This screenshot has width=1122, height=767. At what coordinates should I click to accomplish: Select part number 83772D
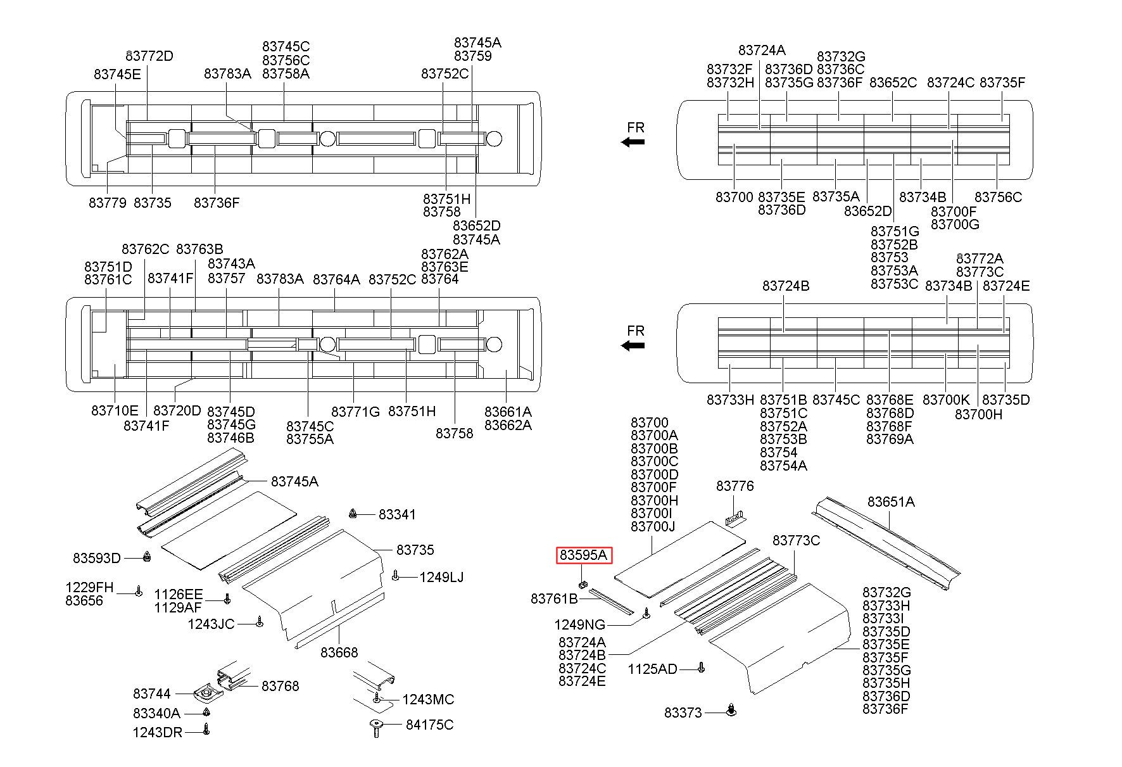[149, 56]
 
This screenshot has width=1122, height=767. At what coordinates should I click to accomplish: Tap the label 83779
[108, 203]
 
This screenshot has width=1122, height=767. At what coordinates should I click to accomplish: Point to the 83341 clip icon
[354, 513]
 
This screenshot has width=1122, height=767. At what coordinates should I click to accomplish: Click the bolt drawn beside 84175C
[376, 728]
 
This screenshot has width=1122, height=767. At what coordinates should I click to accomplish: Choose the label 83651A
[891, 502]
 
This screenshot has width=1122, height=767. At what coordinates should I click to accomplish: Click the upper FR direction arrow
[633, 142]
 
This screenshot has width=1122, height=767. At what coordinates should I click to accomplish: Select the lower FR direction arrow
[633, 345]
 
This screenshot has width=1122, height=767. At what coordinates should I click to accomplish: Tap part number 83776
[735, 486]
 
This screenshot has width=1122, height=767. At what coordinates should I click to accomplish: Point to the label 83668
[339, 652]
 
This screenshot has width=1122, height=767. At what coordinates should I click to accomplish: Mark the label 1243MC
[429, 699]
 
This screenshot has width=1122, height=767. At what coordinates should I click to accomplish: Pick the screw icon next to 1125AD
[701, 668]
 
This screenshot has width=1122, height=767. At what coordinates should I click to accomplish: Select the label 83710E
[115, 411]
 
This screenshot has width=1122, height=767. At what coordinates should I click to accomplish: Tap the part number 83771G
[356, 412]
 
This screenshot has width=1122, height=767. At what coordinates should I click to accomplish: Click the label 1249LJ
[441, 577]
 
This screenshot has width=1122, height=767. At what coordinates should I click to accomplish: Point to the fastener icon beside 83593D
[148, 557]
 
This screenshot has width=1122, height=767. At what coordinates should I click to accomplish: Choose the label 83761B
[555, 599]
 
